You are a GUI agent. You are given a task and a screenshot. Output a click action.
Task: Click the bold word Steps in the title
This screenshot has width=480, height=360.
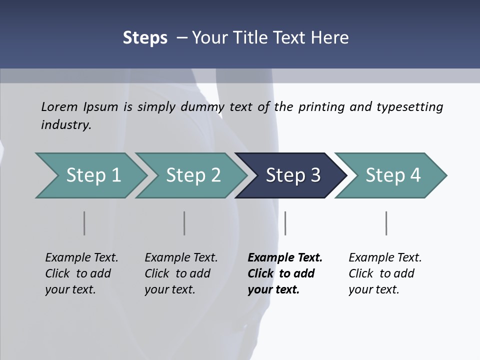click(x=145, y=38)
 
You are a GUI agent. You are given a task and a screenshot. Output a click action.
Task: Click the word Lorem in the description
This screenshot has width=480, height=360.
click(x=59, y=106)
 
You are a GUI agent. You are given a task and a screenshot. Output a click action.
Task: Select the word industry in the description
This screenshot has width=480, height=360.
click(x=66, y=124)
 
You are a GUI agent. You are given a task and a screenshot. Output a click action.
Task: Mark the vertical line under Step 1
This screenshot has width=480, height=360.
click(x=84, y=223)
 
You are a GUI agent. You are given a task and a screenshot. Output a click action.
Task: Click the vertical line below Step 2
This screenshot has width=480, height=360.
click(x=184, y=223)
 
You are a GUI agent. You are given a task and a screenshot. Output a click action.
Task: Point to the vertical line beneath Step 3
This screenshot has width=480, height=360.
click(x=285, y=223)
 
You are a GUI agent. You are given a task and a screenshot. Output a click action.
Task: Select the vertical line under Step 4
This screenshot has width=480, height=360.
click(x=386, y=223)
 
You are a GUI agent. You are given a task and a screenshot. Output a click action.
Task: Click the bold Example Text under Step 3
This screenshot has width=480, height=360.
click(x=285, y=257)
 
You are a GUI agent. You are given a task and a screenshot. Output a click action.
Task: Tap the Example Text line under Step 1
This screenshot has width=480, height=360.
click(x=81, y=257)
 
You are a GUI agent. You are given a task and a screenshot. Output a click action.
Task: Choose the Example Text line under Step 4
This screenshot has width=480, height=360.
click(x=385, y=257)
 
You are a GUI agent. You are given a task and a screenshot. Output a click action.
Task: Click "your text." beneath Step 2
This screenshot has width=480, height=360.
click(x=169, y=289)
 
